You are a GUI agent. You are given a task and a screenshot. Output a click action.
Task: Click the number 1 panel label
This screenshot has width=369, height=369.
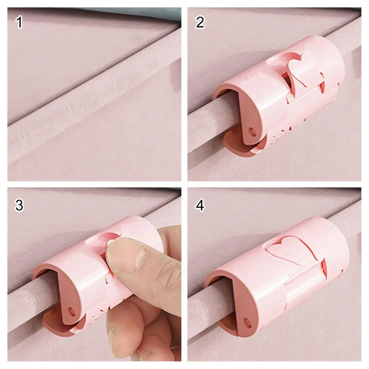pos(19,23)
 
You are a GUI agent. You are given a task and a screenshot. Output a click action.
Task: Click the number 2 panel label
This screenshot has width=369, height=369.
pos(200,23)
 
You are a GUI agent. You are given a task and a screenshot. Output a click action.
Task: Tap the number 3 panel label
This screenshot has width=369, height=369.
pos(19,205)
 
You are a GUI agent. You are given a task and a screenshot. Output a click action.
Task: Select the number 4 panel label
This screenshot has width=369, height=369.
pos(200,205)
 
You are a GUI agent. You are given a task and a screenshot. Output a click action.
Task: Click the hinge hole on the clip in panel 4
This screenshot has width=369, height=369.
pos(247,323)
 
